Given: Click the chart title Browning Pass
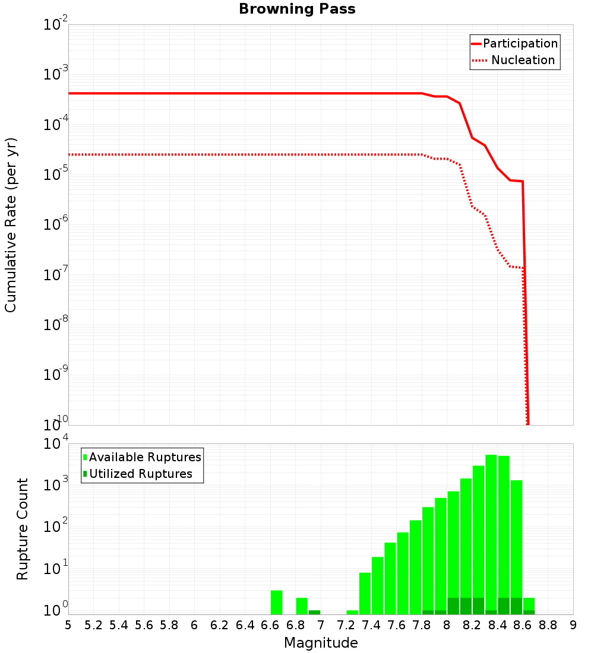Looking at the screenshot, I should click(x=297, y=9).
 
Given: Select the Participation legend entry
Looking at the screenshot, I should click(x=520, y=43).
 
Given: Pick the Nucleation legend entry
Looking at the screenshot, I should click(x=523, y=60).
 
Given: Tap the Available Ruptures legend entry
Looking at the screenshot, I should click(x=145, y=457).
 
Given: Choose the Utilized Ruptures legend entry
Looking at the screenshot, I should click(x=140, y=474).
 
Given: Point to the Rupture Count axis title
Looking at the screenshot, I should click(x=23, y=529).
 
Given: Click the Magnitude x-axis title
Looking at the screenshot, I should click(x=321, y=642).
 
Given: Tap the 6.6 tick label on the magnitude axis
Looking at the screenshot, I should click(x=270, y=625).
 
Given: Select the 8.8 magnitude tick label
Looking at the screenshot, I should click(x=548, y=625).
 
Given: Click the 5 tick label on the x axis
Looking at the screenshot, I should click(x=68, y=625).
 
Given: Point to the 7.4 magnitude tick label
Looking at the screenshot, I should click(x=371, y=625).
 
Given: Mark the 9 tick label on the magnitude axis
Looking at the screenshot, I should click(x=573, y=625).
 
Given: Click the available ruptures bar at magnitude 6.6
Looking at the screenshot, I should click(x=276, y=602).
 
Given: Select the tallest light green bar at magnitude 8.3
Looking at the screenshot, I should click(x=491, y=534).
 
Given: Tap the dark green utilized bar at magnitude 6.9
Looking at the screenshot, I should click(x=314, y=612).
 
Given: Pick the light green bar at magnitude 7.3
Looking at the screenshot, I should click(x=352, y=612).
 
